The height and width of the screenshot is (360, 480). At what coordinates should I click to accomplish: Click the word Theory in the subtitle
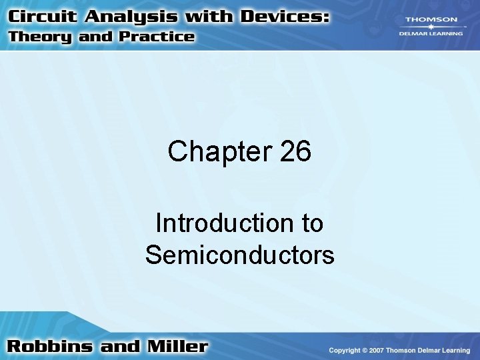click(x=41, y=37)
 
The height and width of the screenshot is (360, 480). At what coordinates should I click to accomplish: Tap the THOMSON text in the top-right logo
click(x=431, y=20)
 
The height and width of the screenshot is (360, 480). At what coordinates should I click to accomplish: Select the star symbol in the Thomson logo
click(x=431, y=27)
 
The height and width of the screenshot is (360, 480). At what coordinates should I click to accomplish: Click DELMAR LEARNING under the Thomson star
click(x=431, y=35)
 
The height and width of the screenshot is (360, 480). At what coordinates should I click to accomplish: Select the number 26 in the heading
click(x=295, y=152)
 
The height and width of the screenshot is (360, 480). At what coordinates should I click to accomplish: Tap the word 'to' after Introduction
click(x=312, y=223)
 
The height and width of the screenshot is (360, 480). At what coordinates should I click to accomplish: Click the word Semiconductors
click(x=240, y=255)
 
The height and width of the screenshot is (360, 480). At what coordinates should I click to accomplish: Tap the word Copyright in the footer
click(x=345, y=350)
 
